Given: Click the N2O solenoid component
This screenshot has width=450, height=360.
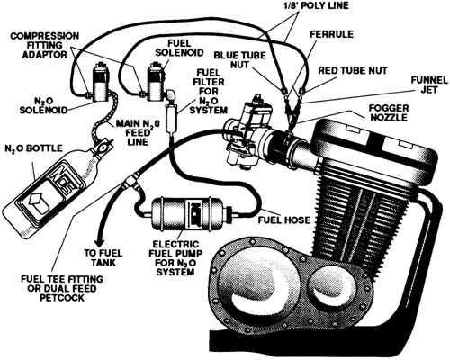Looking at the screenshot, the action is click(x=101, y=82).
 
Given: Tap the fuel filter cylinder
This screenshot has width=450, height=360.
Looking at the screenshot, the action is click(x=172, y=118).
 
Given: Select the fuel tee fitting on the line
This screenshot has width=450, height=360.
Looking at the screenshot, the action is click(x=130, y=180).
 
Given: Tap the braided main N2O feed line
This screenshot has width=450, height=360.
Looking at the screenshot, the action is click(x=105, y=117).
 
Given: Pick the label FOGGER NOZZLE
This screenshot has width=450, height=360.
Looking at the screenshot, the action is click(x=389, y=112).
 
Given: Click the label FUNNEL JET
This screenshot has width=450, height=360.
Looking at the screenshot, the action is click(x=429, y=85).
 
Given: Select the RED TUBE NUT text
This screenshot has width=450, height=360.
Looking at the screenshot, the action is click(x=353, y=71).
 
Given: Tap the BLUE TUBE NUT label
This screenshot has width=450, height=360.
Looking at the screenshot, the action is click(x=239, y=60).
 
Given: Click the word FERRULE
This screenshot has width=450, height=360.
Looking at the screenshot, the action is click(x=331, y=34).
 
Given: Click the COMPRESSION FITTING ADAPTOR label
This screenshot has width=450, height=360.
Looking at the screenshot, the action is click(x=45, y=45).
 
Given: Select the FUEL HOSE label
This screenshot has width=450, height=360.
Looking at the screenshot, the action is click(x=284, y=220).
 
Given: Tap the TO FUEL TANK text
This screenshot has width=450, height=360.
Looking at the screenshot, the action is click(x=103, y=257).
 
